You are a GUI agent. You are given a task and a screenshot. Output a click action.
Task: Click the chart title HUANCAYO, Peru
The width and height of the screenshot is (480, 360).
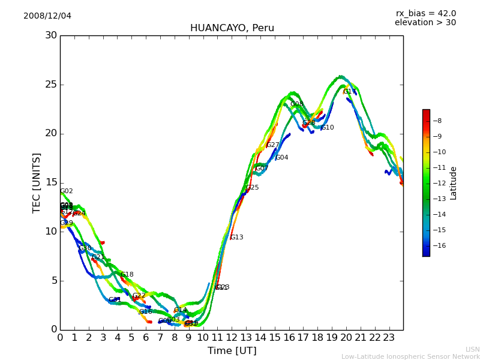232,28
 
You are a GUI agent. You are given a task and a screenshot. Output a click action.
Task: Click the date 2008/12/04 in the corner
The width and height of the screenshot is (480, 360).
47,16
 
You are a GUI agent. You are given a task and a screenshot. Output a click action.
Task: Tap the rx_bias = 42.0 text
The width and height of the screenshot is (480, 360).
425,13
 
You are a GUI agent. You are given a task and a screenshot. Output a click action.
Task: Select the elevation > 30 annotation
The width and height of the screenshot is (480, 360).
425,23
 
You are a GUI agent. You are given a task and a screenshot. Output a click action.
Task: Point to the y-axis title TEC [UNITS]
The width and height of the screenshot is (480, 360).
37,182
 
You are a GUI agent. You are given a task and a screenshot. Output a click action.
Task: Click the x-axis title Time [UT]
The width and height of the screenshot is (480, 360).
232,351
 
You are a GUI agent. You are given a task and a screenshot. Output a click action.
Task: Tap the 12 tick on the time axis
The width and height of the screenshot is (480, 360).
232,337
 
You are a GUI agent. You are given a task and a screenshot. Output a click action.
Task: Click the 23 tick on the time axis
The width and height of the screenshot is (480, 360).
389,337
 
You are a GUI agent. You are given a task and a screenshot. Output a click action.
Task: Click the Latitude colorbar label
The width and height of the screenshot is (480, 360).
454,183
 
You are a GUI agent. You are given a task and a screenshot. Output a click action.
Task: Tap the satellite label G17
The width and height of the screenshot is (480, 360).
350,92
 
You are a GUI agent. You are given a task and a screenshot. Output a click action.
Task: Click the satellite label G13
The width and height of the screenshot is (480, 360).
237,238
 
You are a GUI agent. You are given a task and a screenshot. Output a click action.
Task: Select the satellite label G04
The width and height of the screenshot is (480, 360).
282,158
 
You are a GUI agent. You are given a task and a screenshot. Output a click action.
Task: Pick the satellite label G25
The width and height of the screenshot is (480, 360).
253,188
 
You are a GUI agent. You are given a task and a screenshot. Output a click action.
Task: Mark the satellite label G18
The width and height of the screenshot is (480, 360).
127,275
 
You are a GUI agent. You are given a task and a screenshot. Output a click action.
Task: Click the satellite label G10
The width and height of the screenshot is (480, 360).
328,128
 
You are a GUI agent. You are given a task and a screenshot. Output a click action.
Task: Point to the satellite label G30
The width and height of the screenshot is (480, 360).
85,248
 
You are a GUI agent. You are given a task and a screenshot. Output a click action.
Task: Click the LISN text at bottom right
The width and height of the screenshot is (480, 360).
472,349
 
